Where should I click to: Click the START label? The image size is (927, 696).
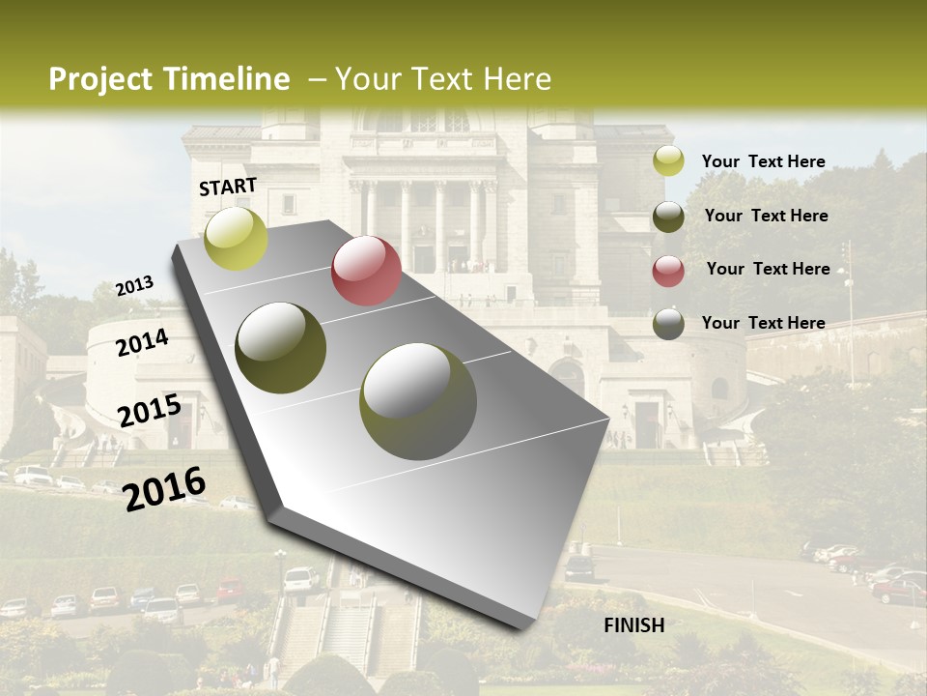[x=228, y=187]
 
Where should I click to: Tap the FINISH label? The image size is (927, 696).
[x=633, y=624]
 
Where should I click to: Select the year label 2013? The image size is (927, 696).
[x=134, y=285]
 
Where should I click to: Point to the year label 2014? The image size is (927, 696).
[x=142, y=342]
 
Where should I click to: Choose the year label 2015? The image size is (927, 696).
[x=149, y=410]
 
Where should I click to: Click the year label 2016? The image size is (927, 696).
[x=164, y=488]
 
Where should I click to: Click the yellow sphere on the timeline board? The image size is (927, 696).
[x=236, y=238]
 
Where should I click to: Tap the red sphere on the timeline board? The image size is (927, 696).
[x=366, y=271]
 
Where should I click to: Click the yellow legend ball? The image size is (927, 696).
[x=668, y=161]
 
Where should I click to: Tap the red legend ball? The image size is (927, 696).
[x=668, y=271]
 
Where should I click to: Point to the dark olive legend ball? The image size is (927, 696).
[x=668, y=217]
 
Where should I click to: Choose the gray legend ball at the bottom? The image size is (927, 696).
[x=668, y=324]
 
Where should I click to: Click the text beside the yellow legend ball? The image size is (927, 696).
[x=763, y=161]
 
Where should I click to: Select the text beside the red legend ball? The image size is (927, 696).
[x=768, y=269]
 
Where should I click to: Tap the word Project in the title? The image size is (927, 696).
[x=101, y=79]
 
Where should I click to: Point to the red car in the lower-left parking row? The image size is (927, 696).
[x=230, y=589]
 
